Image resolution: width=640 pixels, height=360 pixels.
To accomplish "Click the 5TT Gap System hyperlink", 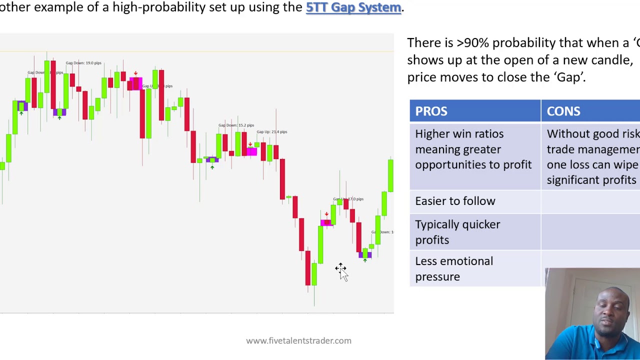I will tap(353, 7).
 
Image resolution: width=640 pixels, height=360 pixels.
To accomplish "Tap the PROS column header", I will tap(431, 111).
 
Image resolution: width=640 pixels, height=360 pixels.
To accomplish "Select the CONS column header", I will tap(563, 111).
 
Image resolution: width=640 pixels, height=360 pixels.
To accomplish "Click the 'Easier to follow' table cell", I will tap(455, 201).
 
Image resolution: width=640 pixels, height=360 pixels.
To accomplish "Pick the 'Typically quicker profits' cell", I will tap(457, 232).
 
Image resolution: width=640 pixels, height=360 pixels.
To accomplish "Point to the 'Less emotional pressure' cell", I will tap(453, 268).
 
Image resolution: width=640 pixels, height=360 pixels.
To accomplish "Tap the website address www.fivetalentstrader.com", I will tap(298, 340).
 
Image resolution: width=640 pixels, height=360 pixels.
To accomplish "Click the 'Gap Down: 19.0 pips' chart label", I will tap(83, 63).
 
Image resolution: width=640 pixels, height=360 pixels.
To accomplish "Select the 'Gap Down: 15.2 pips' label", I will tap(236, 125).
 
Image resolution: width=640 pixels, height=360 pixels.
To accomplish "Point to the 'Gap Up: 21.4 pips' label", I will tap(271, 132).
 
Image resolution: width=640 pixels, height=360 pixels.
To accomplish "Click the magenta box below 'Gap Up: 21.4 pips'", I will tap(251, 150).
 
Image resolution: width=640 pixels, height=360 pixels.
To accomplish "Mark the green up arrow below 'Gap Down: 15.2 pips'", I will tap(212, 167).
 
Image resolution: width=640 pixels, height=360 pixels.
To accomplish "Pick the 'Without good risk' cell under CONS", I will tap(593, 134).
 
